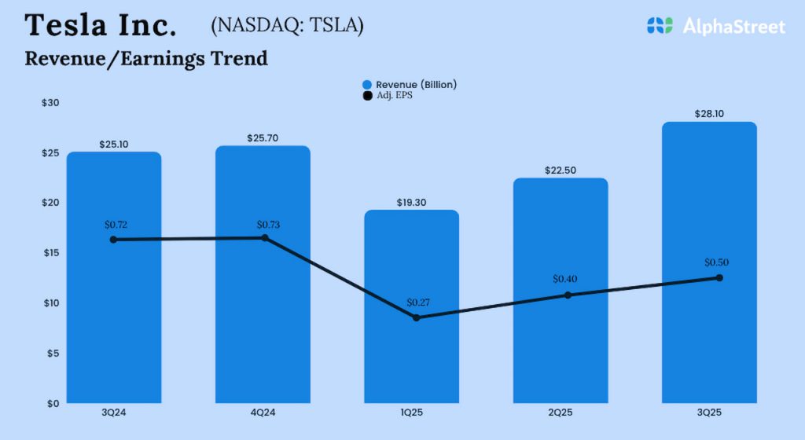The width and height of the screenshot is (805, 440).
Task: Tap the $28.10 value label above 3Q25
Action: tap(709, 114)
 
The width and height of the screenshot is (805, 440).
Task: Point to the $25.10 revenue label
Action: tap(114, 145)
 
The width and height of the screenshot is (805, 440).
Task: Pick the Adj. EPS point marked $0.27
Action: tap(416, 317)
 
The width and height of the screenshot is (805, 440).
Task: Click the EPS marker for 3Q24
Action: tap(114, 240)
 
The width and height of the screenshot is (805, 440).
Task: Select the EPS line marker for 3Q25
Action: tap(719, 277)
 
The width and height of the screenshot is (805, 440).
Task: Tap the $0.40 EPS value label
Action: tap(564, 279)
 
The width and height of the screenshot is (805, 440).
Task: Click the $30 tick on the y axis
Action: tap(50, 103)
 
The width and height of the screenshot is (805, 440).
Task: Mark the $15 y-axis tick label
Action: tap(50, 253)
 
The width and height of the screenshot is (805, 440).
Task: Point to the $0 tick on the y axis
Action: tap(53, 403)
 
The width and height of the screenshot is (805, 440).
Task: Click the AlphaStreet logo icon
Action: tap(660, 25)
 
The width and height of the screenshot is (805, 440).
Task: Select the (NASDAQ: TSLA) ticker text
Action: tap(287, 25)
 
